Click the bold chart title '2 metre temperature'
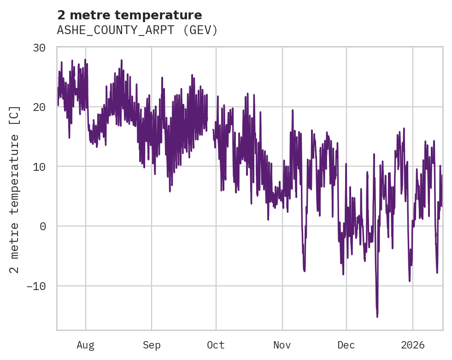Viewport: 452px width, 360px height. pyautogui.click(x=129, y=15)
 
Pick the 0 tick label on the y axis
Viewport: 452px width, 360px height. pyautogui.click(x=45, y=226)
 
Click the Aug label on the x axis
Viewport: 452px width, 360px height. pyautogui.click(x=85, y=345)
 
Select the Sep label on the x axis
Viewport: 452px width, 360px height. pyautogui.click(x=152, y=345)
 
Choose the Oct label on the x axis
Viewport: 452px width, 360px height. pyautogui.click(x=216, y=345)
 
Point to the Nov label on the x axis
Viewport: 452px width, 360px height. pyautogui.click(x=282, y=345)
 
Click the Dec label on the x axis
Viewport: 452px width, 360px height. pyautogui.click(x=346, y=345)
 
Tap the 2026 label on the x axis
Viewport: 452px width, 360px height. pyautogui.click(x=412, y=345)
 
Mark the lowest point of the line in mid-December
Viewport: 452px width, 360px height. pyautogui.click(x=377, y=317)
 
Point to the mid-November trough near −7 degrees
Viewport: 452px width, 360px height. pyautogui.click(x=304, y=271)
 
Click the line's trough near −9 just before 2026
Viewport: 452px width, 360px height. pyautogui.click(x=409, y=280)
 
